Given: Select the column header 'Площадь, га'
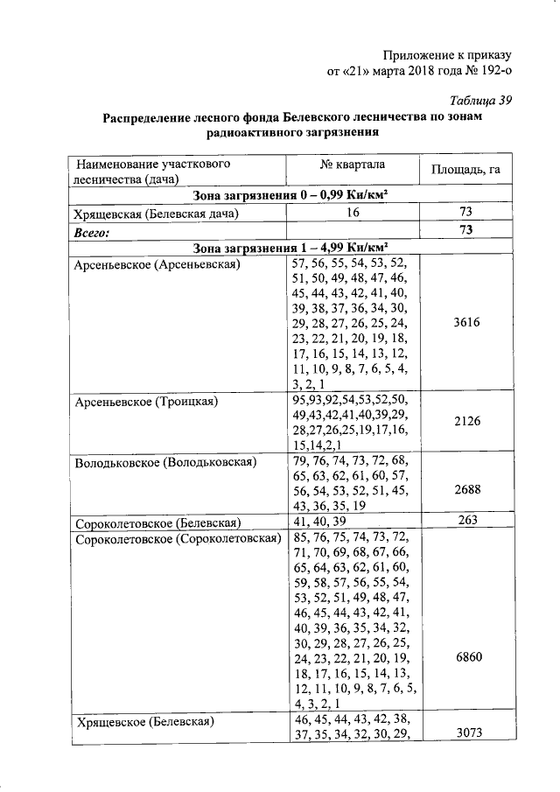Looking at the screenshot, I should pyautogui.click(x=465, y=169).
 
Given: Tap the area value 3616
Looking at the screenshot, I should pyautogui.click(x=465, y=323).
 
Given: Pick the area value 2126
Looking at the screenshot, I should pyautogui.click(x=465, y=421).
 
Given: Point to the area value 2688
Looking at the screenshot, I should pyautogui.click(x=465, y=491).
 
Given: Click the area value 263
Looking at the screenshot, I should pyautogui.click(x=465, y=522).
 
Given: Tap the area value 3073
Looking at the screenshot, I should pyautogui.click(x=465, y=732).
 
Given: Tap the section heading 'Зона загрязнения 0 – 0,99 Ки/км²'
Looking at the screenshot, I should pyautogui.click(x=291, y=194).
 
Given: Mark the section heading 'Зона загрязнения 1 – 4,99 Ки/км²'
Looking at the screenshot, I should pyautogui.click(x=291, y=247).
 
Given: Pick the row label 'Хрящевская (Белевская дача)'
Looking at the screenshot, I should pyautogui.click(x=157, y=214).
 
